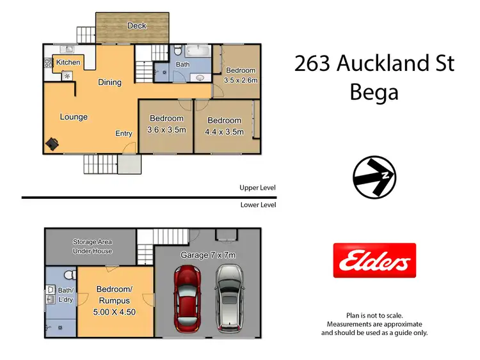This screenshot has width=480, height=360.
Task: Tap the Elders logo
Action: tap(374, 260)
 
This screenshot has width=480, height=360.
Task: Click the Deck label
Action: tap(136, 26)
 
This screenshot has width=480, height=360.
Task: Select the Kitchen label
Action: tap(68, 62)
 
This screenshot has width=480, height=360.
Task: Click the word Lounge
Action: tap(74, 117)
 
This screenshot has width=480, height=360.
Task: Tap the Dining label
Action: tap(109, 82)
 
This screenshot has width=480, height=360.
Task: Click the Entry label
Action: tap(124, 134)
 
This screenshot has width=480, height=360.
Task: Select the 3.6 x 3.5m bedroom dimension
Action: tap(167, 130)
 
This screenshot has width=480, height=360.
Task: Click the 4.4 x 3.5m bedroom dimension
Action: tap(224, 132)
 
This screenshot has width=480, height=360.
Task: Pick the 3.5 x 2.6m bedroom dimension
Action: tap(240, 81)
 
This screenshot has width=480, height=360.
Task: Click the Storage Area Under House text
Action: tap(92, 247)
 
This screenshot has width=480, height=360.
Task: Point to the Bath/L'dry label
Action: tap(55, 295)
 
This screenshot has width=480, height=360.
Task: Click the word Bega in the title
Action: tap(374, 92)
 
